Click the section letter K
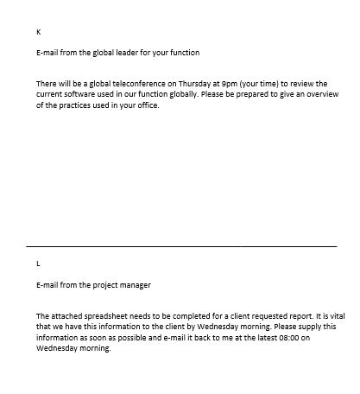click(39, 31)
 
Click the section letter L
click(38, 263)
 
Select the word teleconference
click(134, 84)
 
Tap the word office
click(148, 106)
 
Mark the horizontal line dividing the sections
click(181, 247)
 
